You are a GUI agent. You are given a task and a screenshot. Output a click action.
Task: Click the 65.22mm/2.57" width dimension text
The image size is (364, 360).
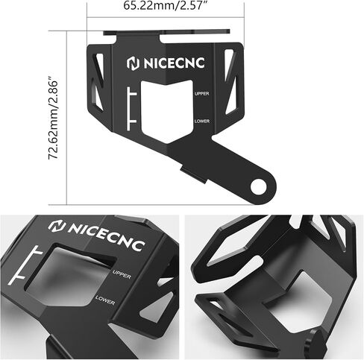[166, 5]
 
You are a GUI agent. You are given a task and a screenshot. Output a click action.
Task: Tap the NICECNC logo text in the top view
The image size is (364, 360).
[174, 63]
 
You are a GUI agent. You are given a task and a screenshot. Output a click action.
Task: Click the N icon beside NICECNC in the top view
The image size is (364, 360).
[133, 63]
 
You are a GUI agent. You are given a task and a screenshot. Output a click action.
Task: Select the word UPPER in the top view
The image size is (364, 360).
[202, 94]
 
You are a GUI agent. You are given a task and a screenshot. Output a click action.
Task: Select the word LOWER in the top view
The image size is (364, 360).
[202, 121]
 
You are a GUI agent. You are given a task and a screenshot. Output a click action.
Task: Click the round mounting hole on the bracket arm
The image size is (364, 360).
[259, 187]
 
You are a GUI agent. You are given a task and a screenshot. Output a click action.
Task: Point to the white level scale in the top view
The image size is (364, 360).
[131, 109]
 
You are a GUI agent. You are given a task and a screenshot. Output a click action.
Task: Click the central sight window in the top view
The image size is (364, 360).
[167, 111]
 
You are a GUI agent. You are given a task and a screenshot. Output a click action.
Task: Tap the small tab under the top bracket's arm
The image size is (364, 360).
[194, 174]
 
